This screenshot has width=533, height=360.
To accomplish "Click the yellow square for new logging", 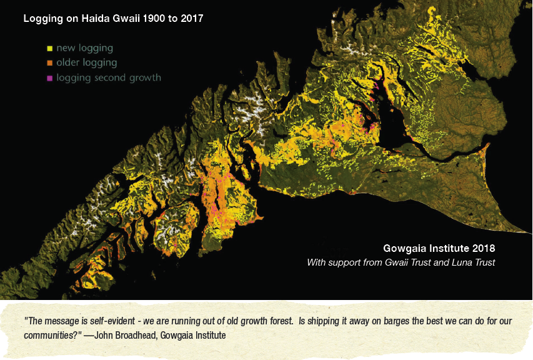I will tap(49, 48).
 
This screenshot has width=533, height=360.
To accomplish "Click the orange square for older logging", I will tap(49, 63).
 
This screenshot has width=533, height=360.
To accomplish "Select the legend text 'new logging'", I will tap(84, 47).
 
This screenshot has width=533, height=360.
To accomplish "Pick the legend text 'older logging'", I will tap(86, 62).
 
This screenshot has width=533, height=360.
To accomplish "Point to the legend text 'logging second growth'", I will tap(109, 78).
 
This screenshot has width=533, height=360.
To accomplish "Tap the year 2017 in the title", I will tap(191, 19).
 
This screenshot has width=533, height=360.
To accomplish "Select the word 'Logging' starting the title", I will tap(41, 19).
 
